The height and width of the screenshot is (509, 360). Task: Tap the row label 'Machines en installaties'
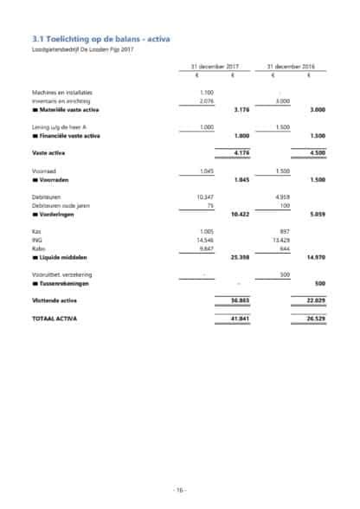(x=61, y=92)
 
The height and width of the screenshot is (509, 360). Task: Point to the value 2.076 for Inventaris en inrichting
(x=206, y=101)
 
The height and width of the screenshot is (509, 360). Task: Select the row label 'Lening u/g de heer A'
(x=56, y=128)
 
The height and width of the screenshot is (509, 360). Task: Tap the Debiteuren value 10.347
(x=205, y=198)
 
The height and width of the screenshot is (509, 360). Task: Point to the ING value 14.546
(x=205, y=242)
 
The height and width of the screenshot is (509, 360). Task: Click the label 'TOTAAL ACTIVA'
(x=54, y=319)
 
